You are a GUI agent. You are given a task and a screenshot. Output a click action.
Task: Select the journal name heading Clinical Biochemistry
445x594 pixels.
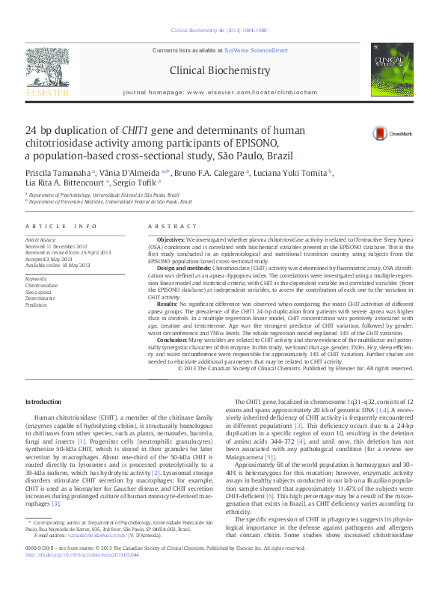(x=220, y=70)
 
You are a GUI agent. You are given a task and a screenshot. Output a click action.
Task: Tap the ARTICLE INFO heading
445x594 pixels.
(x=61, y=226)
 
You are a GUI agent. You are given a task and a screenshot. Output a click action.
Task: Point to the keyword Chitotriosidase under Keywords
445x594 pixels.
(x=41, y=286)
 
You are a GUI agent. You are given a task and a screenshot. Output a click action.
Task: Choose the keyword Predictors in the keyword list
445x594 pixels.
(x=37, y=305)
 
